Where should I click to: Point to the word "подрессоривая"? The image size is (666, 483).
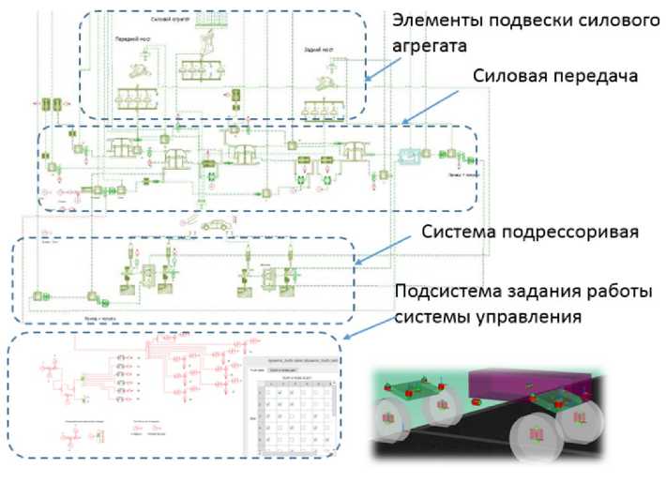(x=560, y=231)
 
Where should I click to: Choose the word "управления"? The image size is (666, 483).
(x=531, y=316)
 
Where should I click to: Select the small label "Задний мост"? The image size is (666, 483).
(x=320, y=50)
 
